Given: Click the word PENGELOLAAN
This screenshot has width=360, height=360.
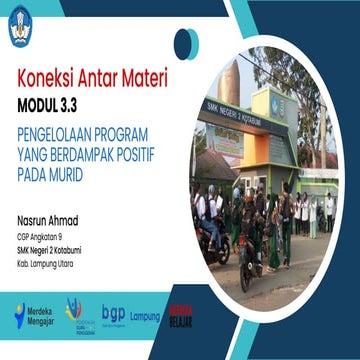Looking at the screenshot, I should click(x=58, y=131).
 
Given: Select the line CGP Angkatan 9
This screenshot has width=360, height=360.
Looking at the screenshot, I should click(x=38, y=236).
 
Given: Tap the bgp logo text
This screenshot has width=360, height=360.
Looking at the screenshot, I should click(x=113, y=313).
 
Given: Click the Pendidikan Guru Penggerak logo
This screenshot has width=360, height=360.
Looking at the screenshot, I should click(x=75, y=312).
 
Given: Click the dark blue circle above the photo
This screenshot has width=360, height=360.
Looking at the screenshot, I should click(x=186, y=42).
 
